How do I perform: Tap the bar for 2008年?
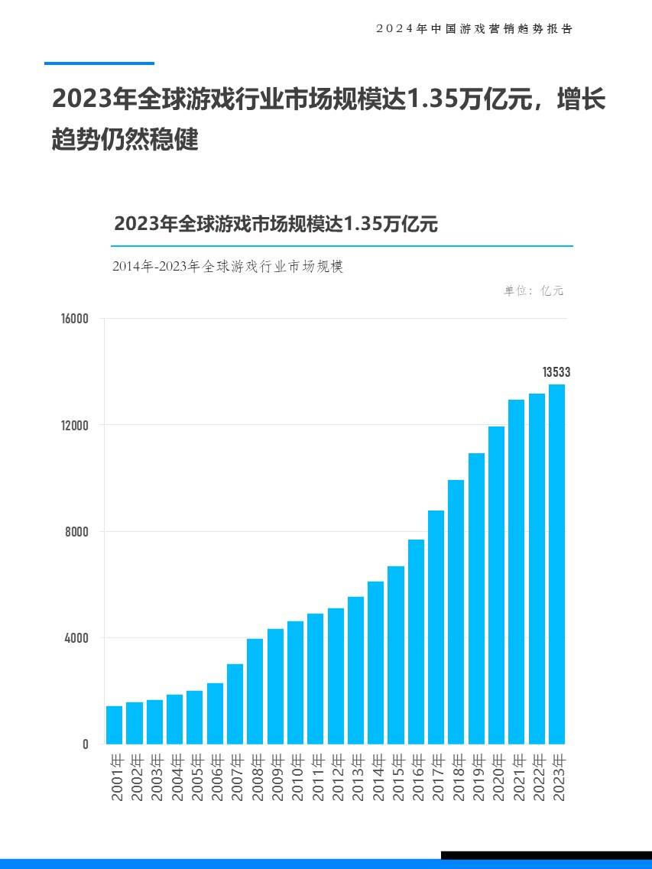(x=255, y=691)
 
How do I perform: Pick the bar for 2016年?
(x=416, y=641)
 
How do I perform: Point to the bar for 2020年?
(x=497, y=585)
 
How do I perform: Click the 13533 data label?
(x=556, y=372)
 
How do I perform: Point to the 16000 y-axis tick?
(x=75, y=319)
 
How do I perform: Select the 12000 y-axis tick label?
(x=75, y=425)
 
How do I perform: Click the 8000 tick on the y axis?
(x=78, y=531)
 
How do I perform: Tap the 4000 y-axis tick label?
(x=78, y=637)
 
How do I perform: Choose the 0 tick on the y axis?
(x=86, y=744)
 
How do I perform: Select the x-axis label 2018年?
(x=457, y=777)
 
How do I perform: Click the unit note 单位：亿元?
(x=534, y=290)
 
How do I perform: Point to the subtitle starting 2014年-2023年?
(x=228, y=267)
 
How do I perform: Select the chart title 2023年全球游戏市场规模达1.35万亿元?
(x=275, y=224)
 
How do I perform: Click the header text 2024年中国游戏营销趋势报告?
(x=474, y=28)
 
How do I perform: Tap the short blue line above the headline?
(x=99, y=63)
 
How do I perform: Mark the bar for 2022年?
(x=537, y=569)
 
